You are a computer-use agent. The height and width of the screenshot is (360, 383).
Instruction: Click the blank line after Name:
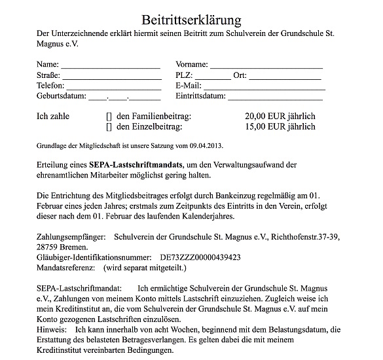click(x=111, y=67)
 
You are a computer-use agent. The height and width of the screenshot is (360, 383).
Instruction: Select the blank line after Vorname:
click(x=266, y=67)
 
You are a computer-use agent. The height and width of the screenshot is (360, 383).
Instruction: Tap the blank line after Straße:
click(x=112, y=77)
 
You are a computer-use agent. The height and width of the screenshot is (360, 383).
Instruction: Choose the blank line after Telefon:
click(x=113, y=88)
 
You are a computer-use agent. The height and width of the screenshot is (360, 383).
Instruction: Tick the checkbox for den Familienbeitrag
click(x=109, y=117)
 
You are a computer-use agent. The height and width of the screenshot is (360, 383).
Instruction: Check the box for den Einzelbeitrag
click(x=109, y=127)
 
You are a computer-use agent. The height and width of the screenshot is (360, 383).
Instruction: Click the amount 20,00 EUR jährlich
click(x=279, y=116)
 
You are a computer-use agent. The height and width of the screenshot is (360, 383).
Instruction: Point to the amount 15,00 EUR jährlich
click(x=279, y=126)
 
